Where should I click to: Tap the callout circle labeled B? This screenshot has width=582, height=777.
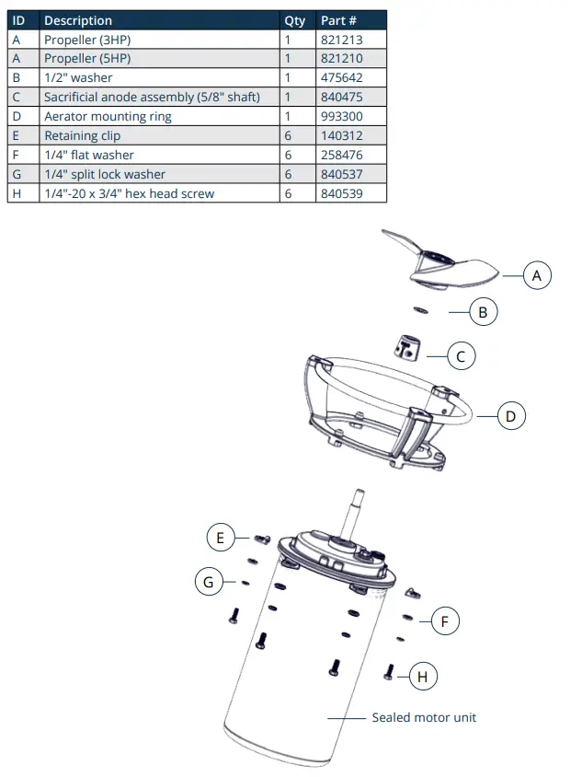(x=483, y=312)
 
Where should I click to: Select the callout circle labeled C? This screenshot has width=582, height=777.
(x=462, y=355)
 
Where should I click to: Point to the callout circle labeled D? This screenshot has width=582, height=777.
(x=511, y=416)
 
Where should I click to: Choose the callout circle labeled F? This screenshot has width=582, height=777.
(x=445, y=621)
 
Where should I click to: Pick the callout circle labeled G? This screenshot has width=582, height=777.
(x=208, y=581)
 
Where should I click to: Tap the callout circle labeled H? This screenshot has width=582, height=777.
(x=422, y=678)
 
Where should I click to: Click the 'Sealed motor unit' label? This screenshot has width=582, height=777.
(x=424, y=717)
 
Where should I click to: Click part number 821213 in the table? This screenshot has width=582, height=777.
(x=339, y=40)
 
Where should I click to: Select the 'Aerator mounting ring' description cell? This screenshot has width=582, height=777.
(x=108, y=116)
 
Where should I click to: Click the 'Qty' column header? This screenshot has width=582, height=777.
(x=294, y=20)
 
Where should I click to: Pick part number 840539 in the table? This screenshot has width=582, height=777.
(x=339, y=193)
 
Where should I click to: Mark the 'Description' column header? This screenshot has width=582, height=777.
(x=78, y=20)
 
